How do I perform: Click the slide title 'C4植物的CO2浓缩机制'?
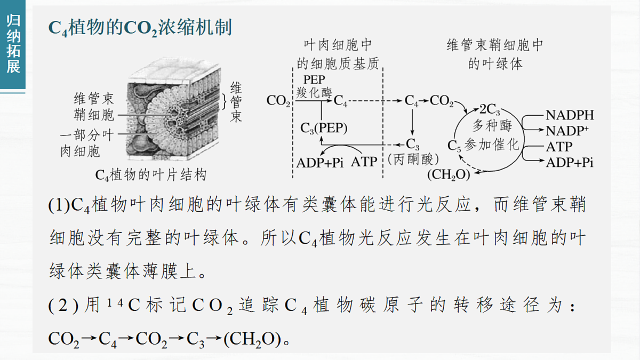140,28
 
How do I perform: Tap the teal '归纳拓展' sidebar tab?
13,44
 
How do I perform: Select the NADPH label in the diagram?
570,115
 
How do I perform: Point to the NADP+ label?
567,131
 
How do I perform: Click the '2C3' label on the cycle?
490,109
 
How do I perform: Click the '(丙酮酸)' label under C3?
413,159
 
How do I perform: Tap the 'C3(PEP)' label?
324,127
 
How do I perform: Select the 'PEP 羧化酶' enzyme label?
314,86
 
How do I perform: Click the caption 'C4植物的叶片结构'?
150,174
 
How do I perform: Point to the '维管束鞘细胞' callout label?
94,107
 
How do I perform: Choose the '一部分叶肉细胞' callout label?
87,143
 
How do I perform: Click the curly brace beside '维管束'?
225,101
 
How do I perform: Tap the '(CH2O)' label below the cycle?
449,174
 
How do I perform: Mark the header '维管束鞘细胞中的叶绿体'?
495,54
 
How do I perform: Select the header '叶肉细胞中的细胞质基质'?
338,54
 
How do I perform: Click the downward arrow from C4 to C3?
412,122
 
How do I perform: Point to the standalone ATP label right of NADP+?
559,147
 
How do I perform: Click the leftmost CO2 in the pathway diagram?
278,101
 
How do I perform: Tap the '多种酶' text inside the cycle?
492,126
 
